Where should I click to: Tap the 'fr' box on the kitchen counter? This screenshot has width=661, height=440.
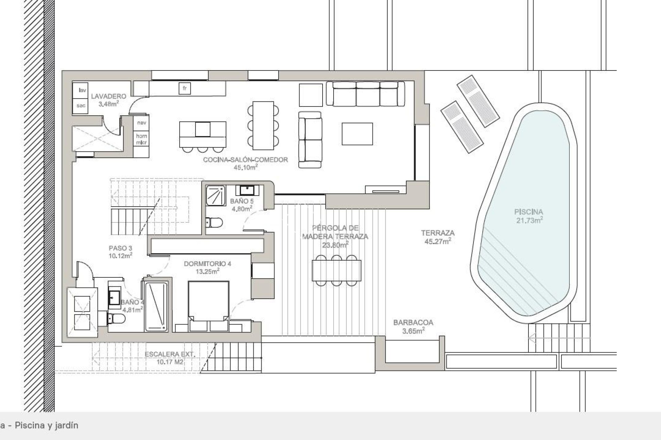(x=185, y=89)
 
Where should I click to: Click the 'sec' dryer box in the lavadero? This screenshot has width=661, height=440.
(x=81, y=106)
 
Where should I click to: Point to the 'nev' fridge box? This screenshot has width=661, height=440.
(x=141, y=123)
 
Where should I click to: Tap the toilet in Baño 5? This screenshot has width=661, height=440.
(x=214, y=222)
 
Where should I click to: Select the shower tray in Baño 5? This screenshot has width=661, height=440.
(x=216, y=195)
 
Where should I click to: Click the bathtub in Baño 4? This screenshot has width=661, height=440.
(x=156, y=307)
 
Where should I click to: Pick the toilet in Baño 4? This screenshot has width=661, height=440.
(x=116, y=319)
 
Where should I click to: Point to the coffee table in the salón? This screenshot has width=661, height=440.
(x=357, y=134)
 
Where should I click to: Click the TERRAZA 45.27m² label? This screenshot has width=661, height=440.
(x=438, y=237)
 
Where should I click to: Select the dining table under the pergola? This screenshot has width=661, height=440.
(x=336, y=271)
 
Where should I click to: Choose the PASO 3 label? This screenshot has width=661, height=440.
(x=120, y=252)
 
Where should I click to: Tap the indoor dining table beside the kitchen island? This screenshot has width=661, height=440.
(x=263, y=125)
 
